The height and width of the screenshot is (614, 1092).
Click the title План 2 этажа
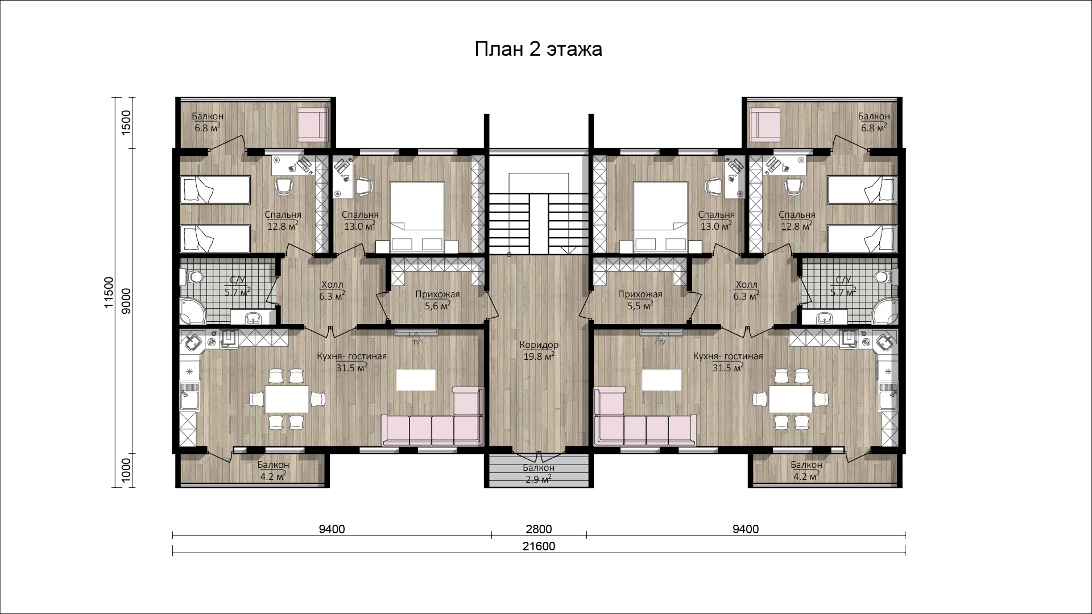click(538, 49)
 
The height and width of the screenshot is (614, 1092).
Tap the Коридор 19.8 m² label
click(539, 351)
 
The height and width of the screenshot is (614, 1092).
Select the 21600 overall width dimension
click(539, 546)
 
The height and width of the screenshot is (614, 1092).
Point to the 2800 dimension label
click(539, 529)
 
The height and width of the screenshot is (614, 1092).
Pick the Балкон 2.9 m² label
click(539, 474)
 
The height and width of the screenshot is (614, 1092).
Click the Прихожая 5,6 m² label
click(437, 300)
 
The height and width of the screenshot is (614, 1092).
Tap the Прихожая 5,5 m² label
click(640, 300)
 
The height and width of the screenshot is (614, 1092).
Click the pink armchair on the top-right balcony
click(765, 125)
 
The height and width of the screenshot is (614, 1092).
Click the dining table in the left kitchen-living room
click(287, 399)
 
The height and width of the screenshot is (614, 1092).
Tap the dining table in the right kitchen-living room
click(791, 399)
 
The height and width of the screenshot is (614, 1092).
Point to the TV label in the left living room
click(416, 342)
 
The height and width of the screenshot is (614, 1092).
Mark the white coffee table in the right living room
click(661, 379)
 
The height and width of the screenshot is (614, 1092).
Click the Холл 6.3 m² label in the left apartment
click(332, 291)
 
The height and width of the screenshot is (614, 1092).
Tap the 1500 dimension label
click(126, 121)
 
